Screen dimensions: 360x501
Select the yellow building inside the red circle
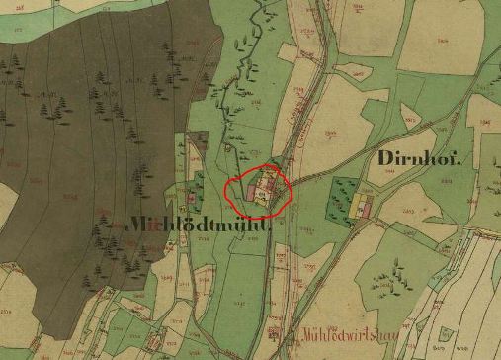(x=261, y=199)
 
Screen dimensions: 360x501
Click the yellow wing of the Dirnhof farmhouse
(x=356, y=205)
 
